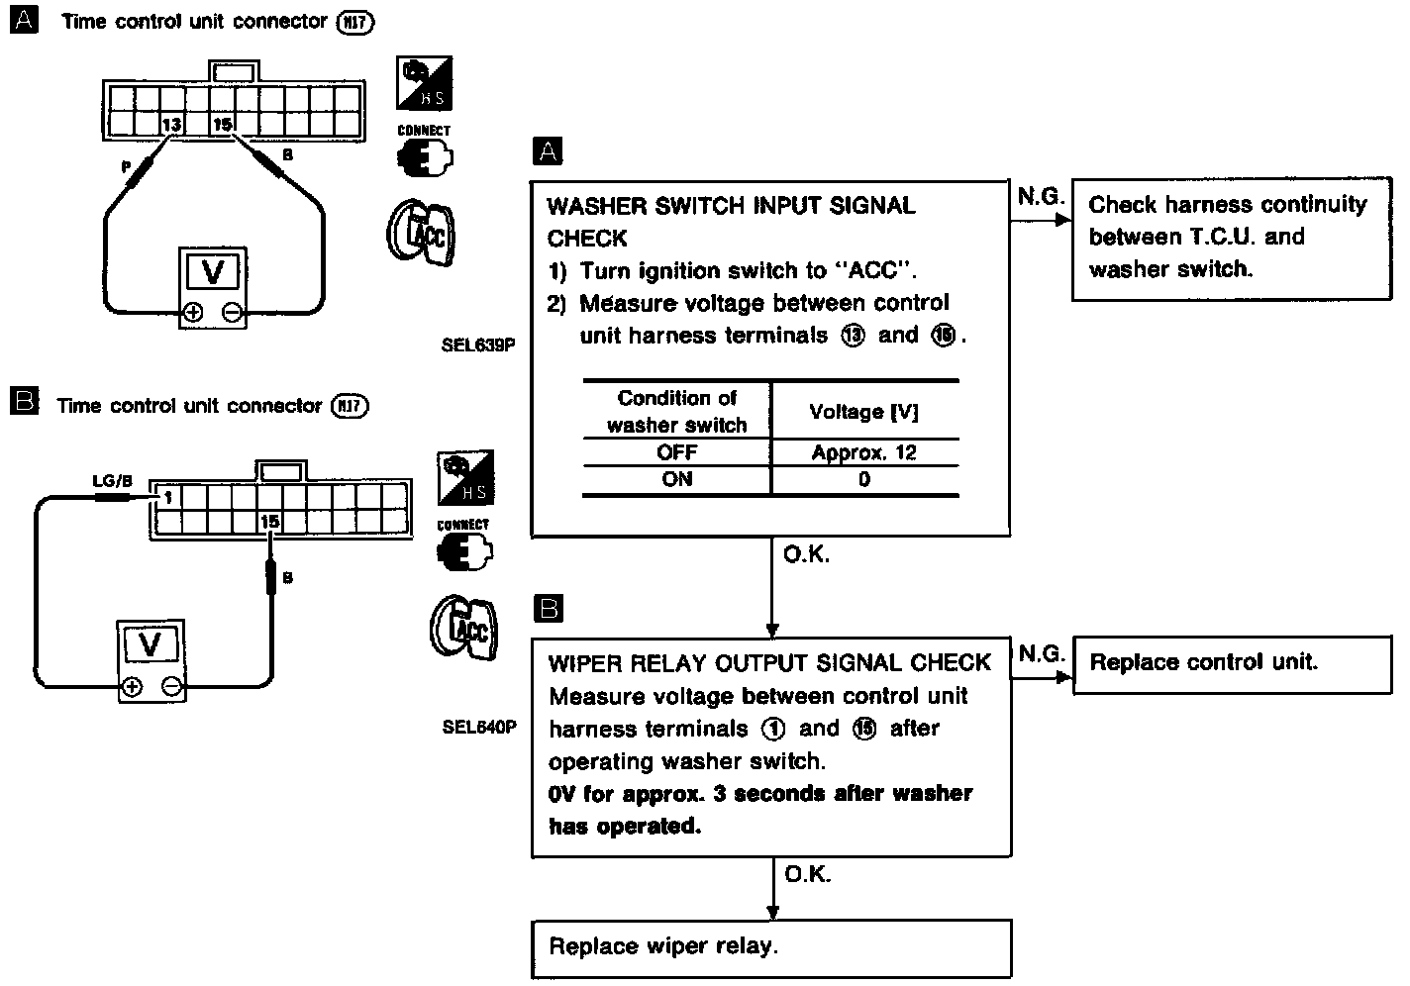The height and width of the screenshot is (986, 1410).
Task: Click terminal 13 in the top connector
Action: (172, 125)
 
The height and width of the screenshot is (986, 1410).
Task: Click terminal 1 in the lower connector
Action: (167, 497)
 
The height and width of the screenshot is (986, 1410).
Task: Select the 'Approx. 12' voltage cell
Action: (863, 453)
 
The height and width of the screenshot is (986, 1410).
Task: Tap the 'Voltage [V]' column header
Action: (863, 412)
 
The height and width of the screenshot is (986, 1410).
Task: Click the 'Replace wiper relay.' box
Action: (772, 947)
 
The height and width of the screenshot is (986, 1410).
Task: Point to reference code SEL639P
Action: (479, 346)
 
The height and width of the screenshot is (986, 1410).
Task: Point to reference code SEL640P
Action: (479, 728)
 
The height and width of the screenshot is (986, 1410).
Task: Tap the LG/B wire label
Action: (111, 481)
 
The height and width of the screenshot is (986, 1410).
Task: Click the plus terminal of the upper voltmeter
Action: (193, 313)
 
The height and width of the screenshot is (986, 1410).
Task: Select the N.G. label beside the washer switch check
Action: (1040, 197)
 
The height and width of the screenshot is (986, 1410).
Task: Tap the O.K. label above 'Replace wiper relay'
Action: (807, 874)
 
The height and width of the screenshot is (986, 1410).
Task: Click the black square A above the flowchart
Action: (547, 151)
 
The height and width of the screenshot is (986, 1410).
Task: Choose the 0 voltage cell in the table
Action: (863, 480)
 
